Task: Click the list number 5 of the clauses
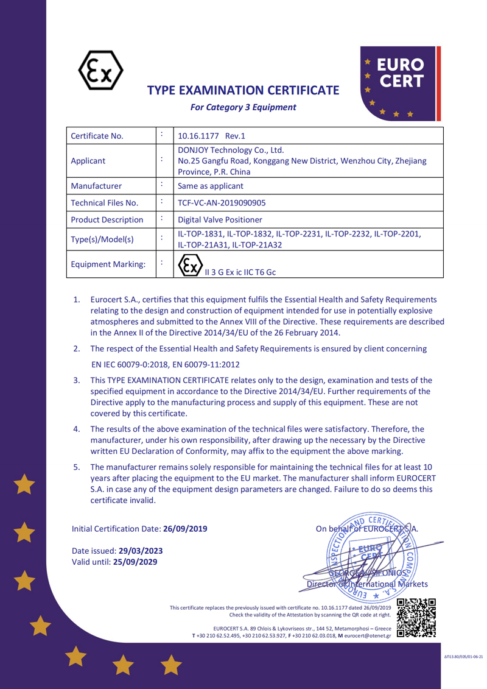(x=77, y=467)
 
